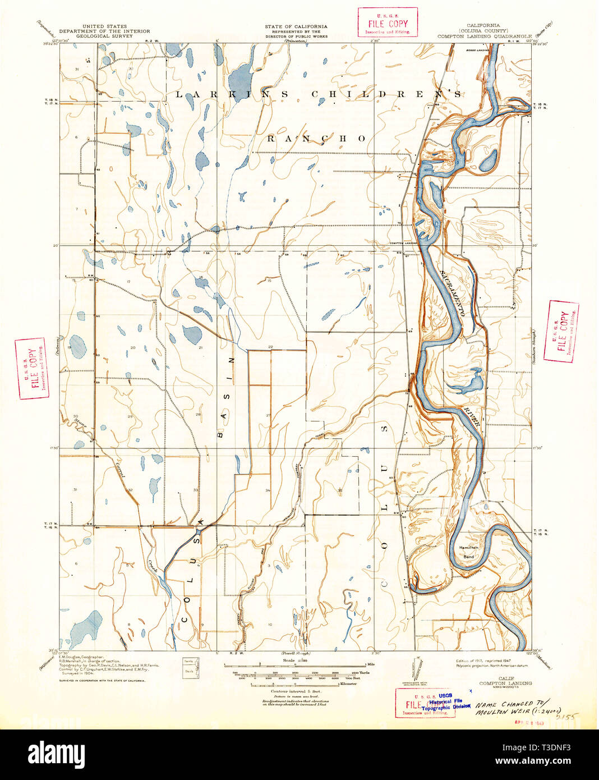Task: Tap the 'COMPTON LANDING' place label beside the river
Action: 405,242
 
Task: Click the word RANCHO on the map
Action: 316,139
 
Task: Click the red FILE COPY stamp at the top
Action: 388,22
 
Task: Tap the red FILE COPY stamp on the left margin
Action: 31,369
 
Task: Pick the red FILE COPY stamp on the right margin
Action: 563,332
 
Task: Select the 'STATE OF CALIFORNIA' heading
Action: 296,26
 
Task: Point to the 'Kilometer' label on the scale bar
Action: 348,683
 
